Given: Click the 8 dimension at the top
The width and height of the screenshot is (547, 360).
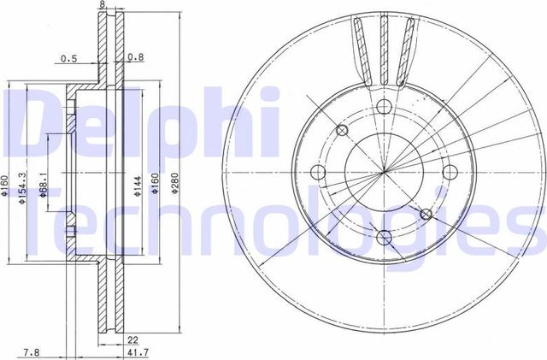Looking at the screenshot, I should [103, 5].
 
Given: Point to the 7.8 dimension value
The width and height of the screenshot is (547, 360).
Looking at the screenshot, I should [32, 351].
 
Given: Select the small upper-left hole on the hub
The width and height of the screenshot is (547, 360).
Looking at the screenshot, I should [342, 131].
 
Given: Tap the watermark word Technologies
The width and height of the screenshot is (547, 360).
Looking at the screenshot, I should [282, 224].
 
